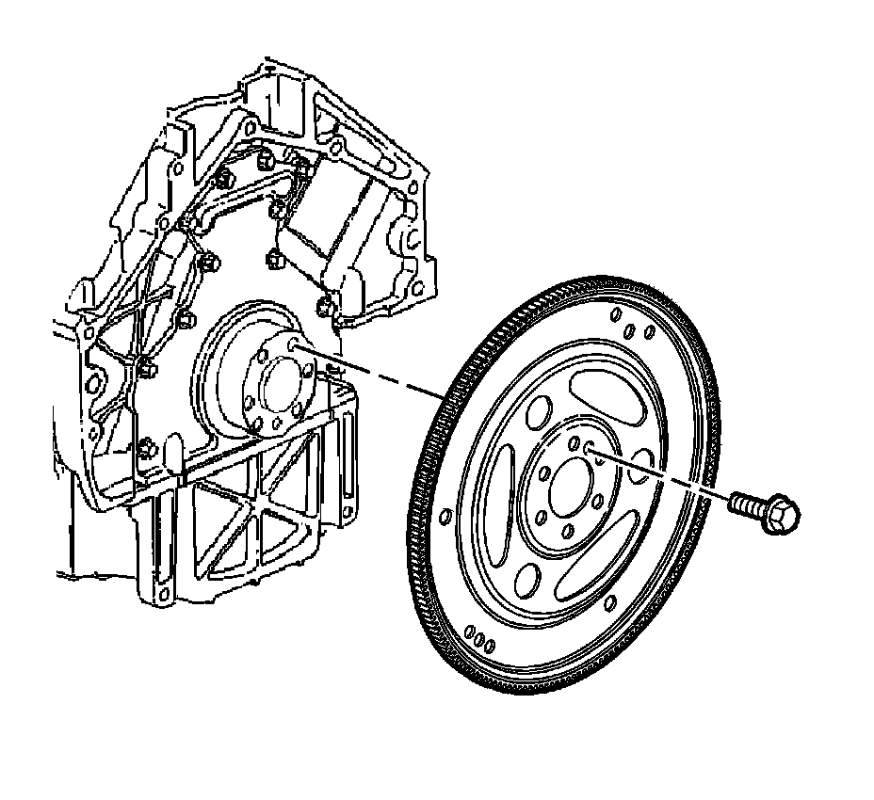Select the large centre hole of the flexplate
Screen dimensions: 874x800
(x=569, y=487)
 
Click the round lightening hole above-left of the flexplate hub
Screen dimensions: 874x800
(x=541, y=410)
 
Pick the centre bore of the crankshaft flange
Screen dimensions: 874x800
(x=280, y=386)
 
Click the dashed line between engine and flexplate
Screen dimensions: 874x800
(x=377, y=375)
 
